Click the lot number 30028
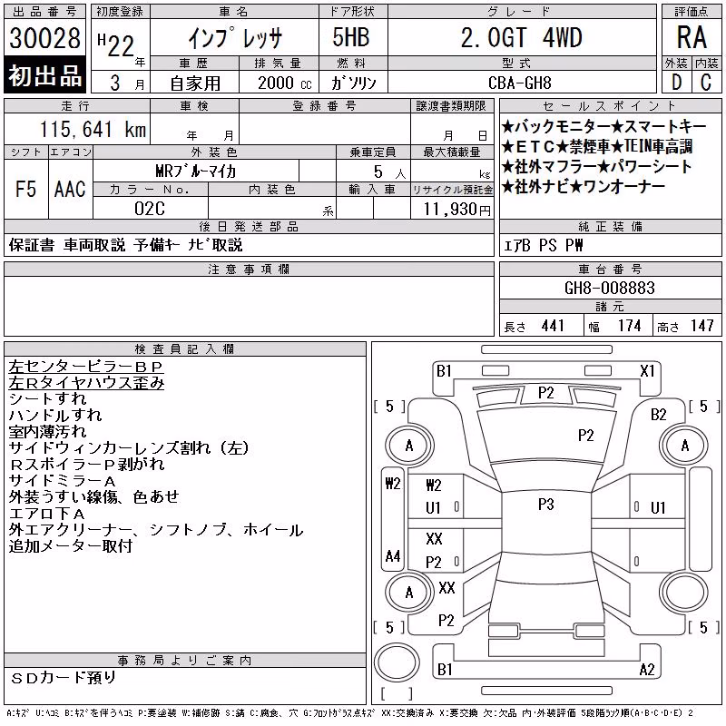(44, 38)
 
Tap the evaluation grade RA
(692, 37)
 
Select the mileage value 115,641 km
(93, 129)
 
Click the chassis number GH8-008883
(610, 288)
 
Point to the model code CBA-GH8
(520, 83)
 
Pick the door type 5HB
(351, 37)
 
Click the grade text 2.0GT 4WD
(521, 37)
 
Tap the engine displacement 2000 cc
(285, 83)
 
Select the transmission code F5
(26, 189)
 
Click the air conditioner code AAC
(70, 189)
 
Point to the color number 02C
(150, 209)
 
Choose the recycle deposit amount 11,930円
(457, 210)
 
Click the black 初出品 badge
(44, 75)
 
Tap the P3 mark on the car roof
(546, 505)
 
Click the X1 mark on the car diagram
(647, 371)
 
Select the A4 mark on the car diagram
(393, 555)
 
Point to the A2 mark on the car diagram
(647, 670)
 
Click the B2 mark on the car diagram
(659, 415)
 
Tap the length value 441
(553, 326)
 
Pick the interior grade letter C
(706, 83)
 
